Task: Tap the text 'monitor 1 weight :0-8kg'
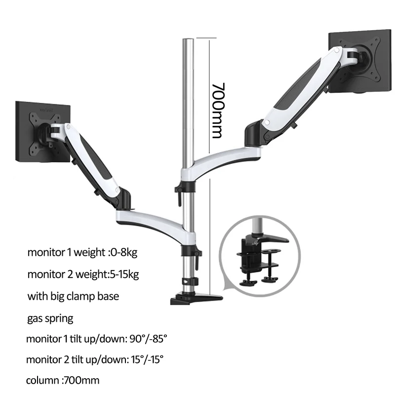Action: (82, 252)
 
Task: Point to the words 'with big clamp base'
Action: (73, 296)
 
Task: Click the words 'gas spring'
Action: (50, 318)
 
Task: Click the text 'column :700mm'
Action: (63, 380)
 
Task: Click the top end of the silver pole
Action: (188, 39)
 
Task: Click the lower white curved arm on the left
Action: (148, 214)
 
